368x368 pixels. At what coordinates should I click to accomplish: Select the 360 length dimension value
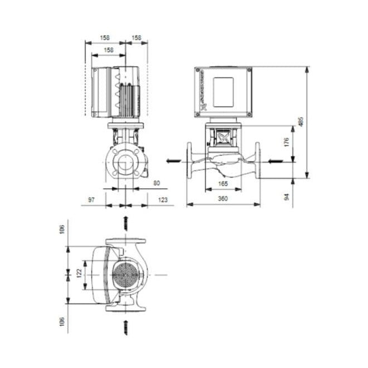tap(223, 199)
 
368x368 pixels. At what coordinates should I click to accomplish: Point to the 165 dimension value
tap(223, 183)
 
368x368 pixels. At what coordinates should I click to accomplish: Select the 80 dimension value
tap(156, 183)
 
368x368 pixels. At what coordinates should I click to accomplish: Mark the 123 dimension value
tap(163, 199)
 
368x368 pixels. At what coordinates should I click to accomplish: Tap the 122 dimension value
tap(79, 273)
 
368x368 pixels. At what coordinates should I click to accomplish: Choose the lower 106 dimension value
tap(62, 322)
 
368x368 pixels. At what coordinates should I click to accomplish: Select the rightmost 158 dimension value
tap(136, 38)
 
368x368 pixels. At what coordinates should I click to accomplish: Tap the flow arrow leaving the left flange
tap(173, 161)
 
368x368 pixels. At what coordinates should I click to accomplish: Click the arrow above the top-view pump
tap(125, 223)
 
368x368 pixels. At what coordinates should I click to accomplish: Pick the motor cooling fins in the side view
tap(127, 95)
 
